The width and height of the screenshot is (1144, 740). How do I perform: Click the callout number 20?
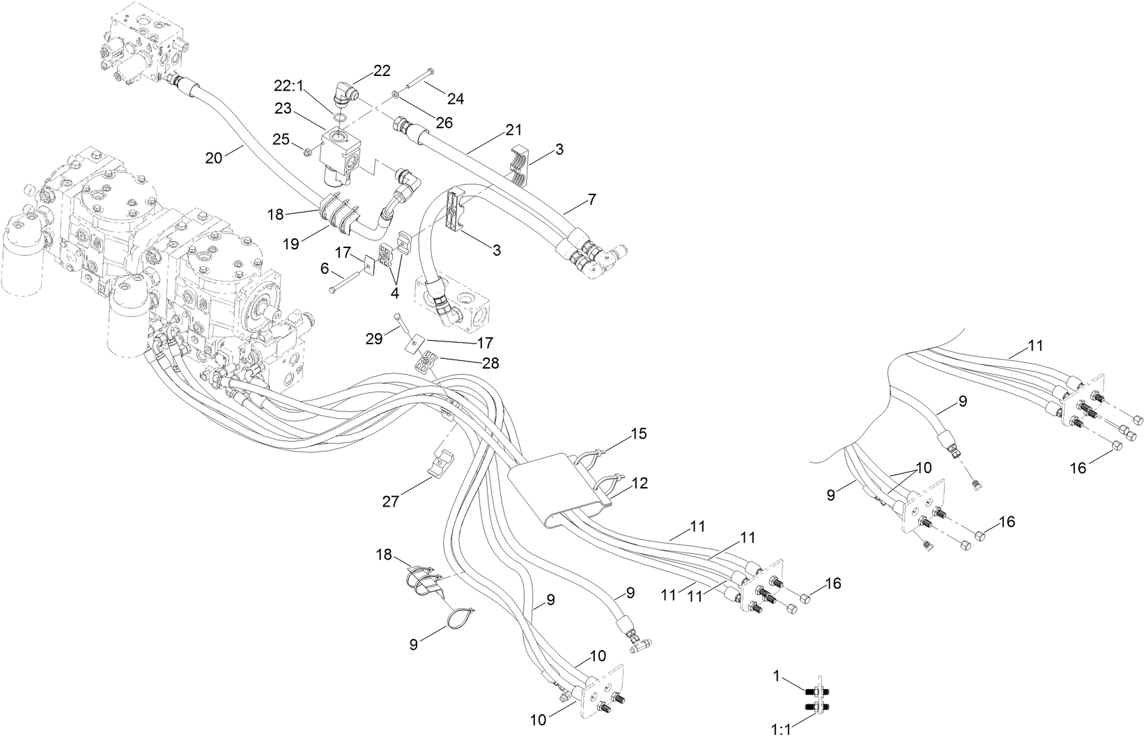click(213, 158)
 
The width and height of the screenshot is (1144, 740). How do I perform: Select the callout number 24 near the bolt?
click(455, 98)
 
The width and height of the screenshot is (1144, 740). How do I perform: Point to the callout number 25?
click(280, 139)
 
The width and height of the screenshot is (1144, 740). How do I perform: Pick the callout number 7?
click(592, 200)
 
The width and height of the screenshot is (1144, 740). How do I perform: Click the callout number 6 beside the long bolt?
click(325, 267)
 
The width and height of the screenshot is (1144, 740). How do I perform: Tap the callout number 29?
click(374, 339)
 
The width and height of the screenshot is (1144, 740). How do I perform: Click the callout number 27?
click(391, 501)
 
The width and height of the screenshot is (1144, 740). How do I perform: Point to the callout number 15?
click(639, 434)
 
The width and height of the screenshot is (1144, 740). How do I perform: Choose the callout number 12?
click(639, 482)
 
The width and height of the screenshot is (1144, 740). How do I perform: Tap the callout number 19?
click(291, 245)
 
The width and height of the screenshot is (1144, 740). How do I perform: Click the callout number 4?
click(394, 293)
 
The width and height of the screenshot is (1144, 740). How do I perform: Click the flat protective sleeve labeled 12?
click(557, 488)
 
